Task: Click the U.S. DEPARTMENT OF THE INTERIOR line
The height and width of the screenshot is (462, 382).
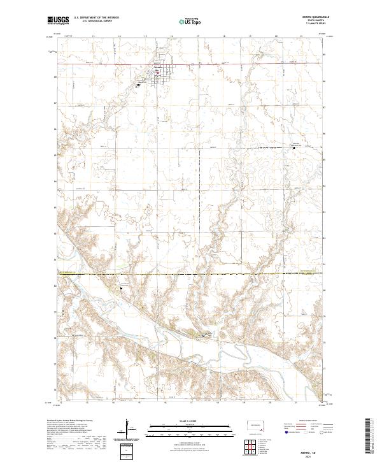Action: click(95, 18)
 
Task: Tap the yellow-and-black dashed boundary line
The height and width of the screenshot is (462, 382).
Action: click(191, 274)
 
